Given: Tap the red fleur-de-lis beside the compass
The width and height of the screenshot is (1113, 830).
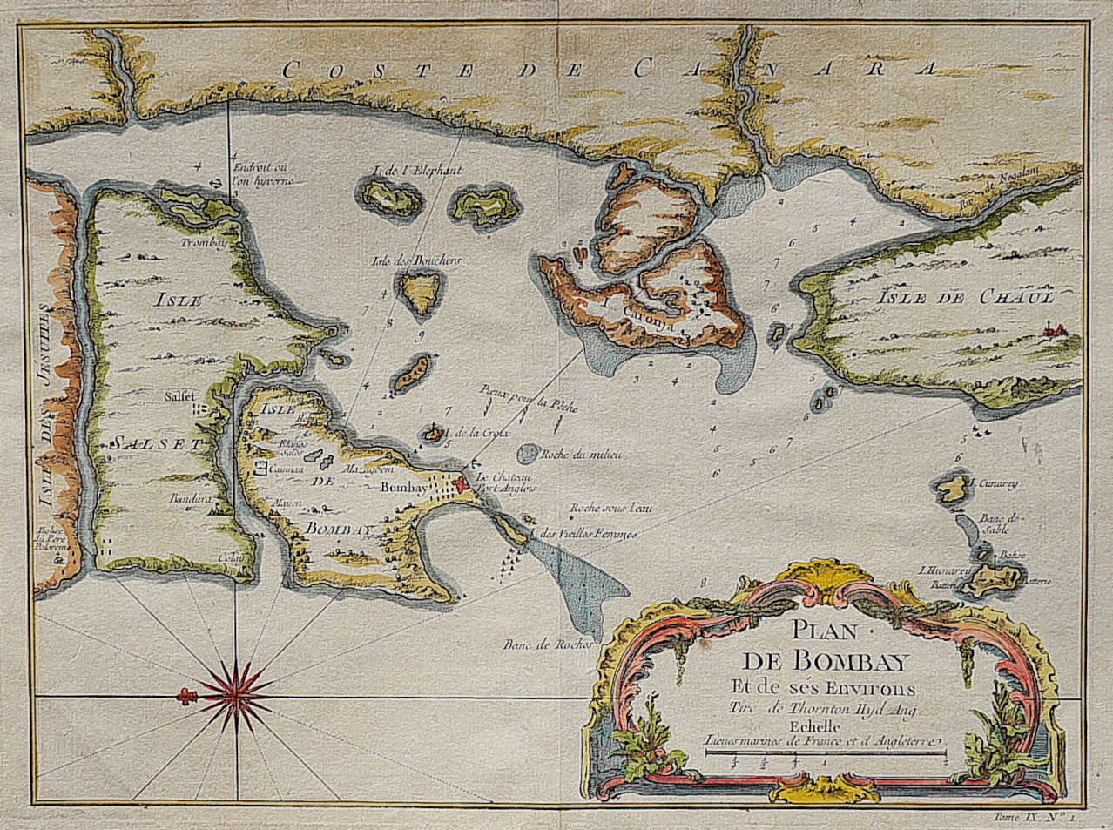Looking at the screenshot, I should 185,695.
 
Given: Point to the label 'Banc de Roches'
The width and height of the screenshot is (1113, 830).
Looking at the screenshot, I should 548,645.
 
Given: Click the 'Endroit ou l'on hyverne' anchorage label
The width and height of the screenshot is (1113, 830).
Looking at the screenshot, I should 261,174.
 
